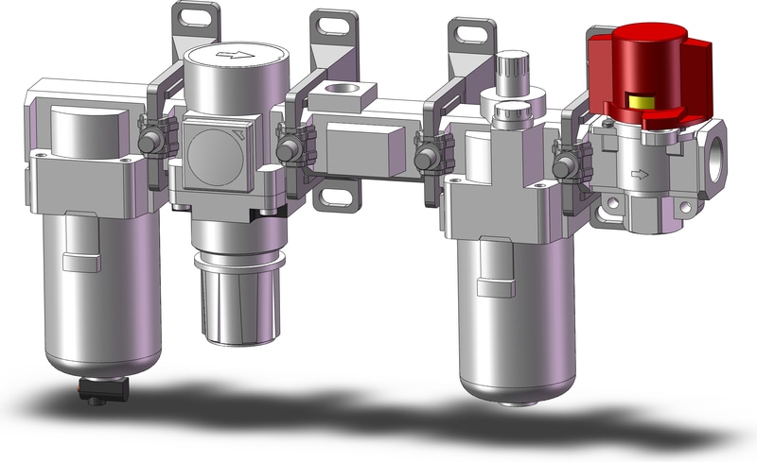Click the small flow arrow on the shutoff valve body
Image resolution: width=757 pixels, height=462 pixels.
pos(642,174)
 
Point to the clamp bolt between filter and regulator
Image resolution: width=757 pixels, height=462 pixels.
pos(149,142)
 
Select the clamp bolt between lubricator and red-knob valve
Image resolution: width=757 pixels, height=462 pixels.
pos(566,165)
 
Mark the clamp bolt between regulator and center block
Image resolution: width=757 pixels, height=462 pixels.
pos(286,147)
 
